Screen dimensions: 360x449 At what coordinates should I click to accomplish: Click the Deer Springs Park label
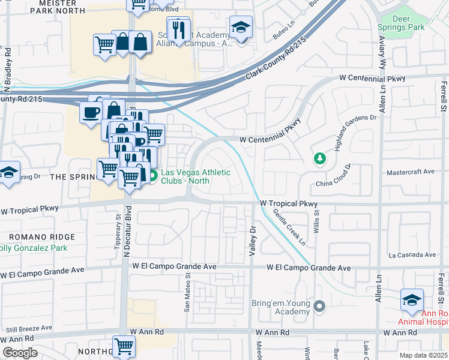(x=402, y=22)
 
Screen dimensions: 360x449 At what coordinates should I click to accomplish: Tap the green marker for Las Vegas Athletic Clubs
(x=152, y=176)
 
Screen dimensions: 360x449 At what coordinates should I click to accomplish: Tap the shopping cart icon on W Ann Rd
(x=124, y=346)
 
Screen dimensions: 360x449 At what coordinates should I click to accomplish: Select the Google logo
(x=20, y=353)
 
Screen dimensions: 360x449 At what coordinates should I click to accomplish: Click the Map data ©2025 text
(x=423, y=355)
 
